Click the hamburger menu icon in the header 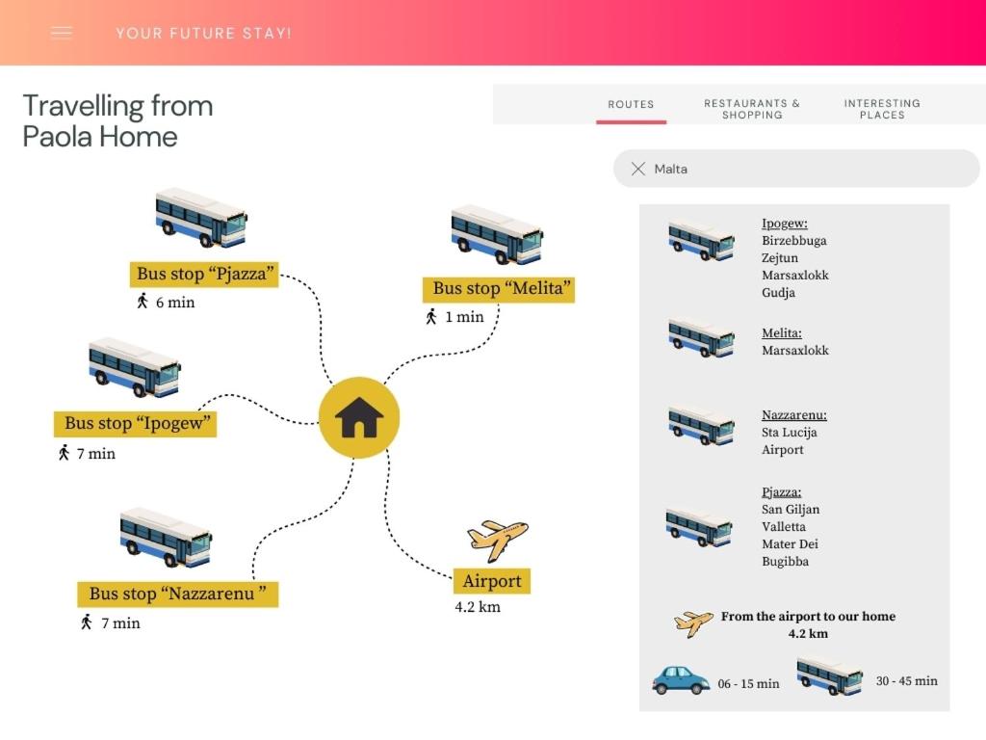tap(61, 33)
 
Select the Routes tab tap(631, 104)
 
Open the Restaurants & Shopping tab tap(752, 109)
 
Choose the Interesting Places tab tap(882, 109)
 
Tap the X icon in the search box tap(638, 169)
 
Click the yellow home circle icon tap(359, 417)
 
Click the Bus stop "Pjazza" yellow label tap(204, 274)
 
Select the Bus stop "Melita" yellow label tap(499, 289)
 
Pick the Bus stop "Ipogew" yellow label tap(135, 424)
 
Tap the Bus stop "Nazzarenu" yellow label tap(177, 594)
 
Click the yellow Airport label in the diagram tap(492, 581)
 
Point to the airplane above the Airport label tap(498, 539)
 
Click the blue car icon tap(681, 680)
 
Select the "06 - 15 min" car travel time tap(748, 683)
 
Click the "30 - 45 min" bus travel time tap(907, 681)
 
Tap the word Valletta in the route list tap(784, 527)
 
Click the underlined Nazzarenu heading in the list tap(794, 414)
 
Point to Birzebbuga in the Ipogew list tap(794, 240)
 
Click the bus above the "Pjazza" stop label tap(201, 217)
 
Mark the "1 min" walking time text tap(465, 317)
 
